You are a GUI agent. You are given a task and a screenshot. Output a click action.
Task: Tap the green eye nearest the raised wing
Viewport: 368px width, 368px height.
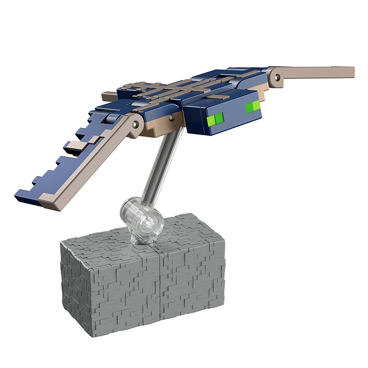253,108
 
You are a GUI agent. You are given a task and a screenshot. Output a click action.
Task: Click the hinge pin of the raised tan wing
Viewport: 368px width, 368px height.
277,77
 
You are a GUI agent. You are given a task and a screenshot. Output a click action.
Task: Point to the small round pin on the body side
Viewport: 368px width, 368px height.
171,118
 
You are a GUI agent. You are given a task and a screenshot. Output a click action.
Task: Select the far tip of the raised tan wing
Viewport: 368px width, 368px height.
350,72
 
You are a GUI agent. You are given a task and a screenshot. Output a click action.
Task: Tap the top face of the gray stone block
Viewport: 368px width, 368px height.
175,235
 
